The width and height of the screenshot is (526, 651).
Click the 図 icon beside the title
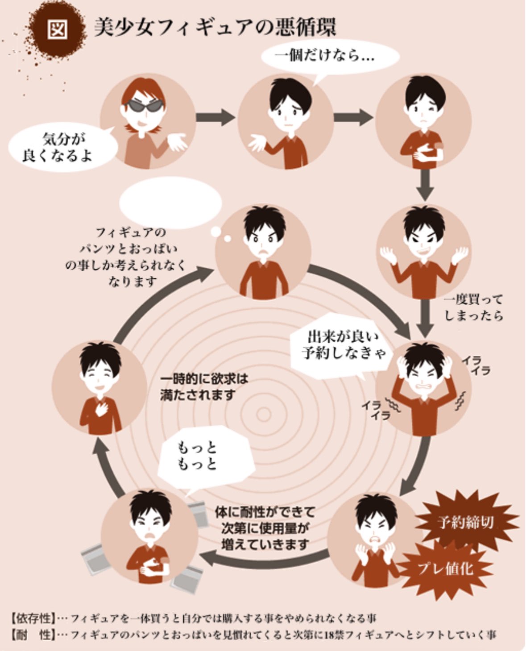pyautogui.click(x=58, y=30)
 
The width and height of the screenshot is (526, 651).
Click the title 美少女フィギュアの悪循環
pyautogui.click(x=215, y=28)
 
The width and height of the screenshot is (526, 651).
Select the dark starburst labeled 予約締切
pyautogui.click(x=466, y=523)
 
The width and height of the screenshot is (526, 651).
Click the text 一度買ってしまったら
pyautogui.click(x=473, y=308)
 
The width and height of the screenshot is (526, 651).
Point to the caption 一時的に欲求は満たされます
pyautogui.click(x=204, y=388)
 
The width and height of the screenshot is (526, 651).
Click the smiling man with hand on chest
pyautogui.click(x=99, y=389)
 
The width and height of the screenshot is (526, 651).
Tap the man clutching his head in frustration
pyautogui.click(x=423, y=388)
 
